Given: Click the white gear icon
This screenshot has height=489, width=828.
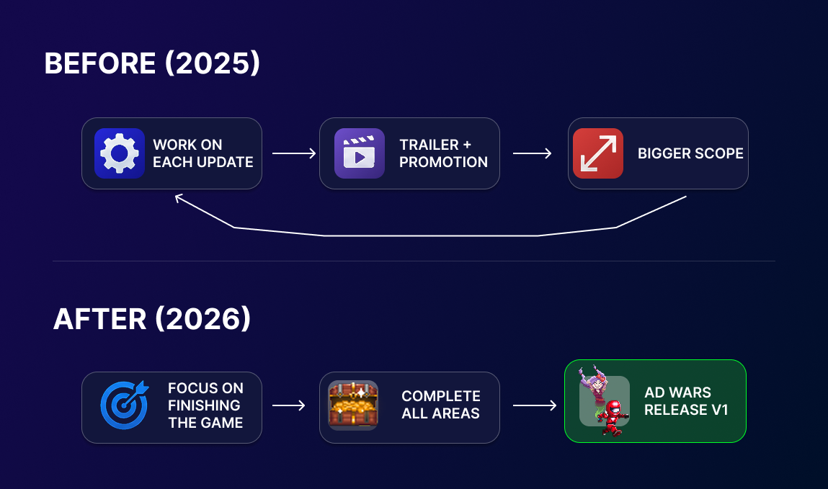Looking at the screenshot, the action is coord(120,153).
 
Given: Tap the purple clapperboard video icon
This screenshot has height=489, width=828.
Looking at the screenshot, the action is coord(359,153).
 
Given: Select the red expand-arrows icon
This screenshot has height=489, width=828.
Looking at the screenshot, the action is coord(598,153).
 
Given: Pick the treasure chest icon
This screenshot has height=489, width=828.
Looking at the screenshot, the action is coord(352,405).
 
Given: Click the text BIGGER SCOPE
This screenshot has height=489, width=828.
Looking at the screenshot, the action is coord(690,153).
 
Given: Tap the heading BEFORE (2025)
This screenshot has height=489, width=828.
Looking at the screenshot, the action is coord(152,63).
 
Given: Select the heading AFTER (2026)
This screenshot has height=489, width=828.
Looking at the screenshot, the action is coord(152,319).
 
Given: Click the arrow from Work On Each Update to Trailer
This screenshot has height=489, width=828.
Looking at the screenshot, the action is coord(294,153).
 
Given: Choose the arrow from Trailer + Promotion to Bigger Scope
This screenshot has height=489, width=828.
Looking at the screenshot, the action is coord(533,153).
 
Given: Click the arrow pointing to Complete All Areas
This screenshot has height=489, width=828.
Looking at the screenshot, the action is coord(289,405).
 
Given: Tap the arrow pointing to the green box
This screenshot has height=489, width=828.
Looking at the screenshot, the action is coord(535,405).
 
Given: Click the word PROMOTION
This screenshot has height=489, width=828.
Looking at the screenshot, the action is coord(444,162).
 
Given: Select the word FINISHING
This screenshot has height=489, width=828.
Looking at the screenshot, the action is coord(204,405).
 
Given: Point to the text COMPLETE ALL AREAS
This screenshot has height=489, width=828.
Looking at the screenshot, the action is coord(441,405).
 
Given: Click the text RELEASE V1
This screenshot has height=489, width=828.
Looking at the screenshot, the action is coord(686,410).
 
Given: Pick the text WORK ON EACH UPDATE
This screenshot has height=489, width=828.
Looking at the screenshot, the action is coord(203,153).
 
